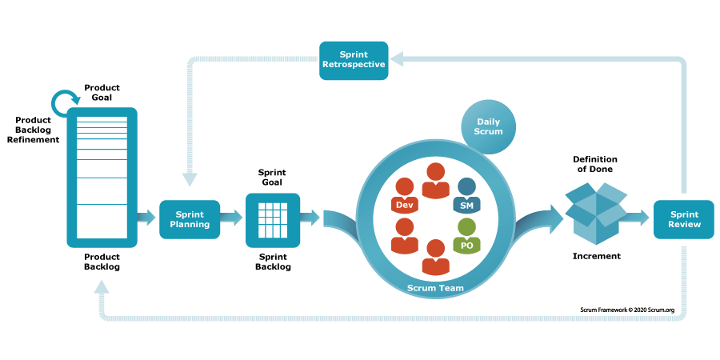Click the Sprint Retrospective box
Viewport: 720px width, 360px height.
(x=354, y=60)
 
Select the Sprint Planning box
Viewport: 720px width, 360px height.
(x=190, y=219)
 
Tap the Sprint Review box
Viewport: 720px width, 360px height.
(x=683, y=219)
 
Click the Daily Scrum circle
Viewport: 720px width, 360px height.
(x=489, y=126)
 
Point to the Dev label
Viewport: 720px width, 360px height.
(x=405, y=206)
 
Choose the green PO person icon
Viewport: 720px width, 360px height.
(x=466, y=237)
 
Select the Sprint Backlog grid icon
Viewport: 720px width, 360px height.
(x=273, y=219)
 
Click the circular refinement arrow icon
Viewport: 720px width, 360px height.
(x=63, y=102)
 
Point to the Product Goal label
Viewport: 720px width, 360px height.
(x=102, y=91)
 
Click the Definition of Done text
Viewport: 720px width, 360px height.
(x=595, y=165)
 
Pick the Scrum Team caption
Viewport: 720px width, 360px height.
(x=435, y=287)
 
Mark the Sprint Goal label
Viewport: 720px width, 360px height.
(x=272, y=178)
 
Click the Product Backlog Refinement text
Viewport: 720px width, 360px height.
(x=34, y=130)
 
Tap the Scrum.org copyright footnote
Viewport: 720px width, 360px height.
(x=633, y=309)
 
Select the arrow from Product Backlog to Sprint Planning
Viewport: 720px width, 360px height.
(x=146, y=218)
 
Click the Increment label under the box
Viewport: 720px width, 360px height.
(x=596, y=257)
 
